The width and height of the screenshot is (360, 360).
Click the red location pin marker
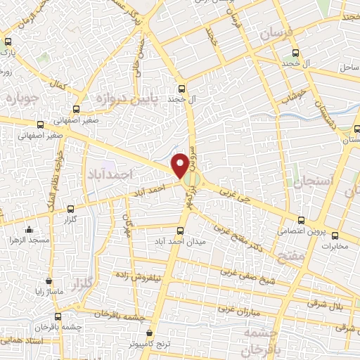181,165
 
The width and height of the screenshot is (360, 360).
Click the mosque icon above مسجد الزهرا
29,229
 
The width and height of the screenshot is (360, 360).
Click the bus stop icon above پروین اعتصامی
301,219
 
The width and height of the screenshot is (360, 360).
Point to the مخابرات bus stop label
335,247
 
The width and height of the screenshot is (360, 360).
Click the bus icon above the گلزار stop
70,209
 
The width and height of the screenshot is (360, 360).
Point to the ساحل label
349,67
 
